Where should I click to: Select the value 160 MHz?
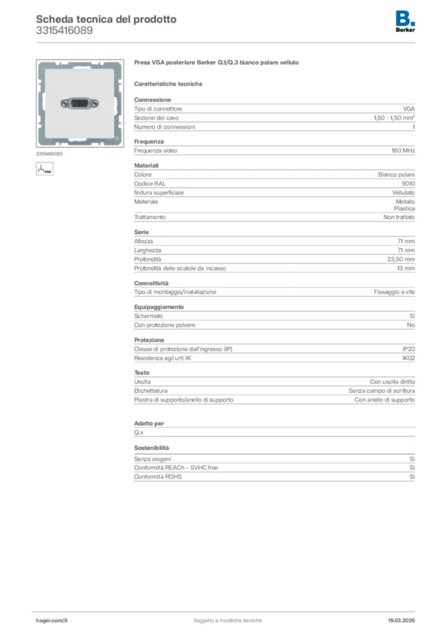(403, 151)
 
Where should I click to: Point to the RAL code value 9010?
(408, 184)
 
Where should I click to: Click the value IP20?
(408, 349)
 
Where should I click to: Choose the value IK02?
(408, 358)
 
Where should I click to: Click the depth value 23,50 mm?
(401, 260)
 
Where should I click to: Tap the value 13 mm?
(406, 268)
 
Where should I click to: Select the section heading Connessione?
(152, 100)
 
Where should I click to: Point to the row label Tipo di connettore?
(158, 109)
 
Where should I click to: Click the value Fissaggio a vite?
(395, 292)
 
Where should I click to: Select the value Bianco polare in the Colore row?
(396, 175)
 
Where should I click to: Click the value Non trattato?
(399, 218)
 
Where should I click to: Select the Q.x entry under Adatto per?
(139, 433)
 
